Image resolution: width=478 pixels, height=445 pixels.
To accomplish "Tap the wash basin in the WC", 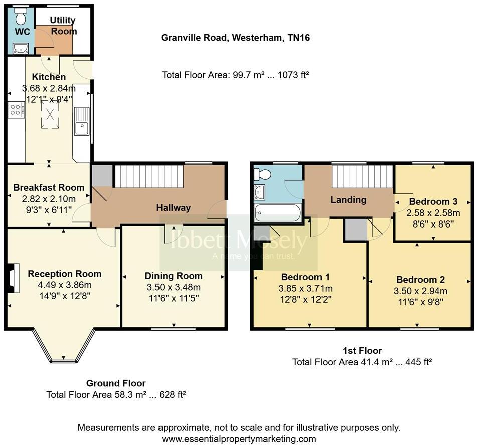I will tap(21, 48).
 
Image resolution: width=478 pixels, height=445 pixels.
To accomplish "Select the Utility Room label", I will tap(63, 26).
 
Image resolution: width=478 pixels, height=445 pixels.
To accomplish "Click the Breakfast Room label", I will tap(49, 188).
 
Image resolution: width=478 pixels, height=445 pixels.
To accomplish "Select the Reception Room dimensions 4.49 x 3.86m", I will tap(64, 285).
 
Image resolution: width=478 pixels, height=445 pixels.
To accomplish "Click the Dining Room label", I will tap(174, 276).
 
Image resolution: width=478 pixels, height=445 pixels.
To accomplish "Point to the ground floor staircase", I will tap(149, 177).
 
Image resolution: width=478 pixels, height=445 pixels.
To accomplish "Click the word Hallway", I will tap(173, 207).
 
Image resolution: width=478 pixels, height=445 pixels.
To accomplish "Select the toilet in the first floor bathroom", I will tap(263, 174).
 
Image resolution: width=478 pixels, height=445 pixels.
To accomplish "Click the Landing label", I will tap(348, 200).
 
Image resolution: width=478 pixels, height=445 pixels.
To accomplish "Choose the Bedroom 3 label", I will tap(433, 202).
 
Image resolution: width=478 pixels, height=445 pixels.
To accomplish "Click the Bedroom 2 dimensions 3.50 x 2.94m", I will tap(421, 291).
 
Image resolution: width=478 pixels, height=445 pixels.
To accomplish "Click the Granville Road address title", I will tap(235, 38).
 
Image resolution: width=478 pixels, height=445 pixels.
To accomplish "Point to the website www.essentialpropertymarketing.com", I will tap(239, 439).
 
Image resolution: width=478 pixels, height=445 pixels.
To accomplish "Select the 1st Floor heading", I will tap(362, 351).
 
